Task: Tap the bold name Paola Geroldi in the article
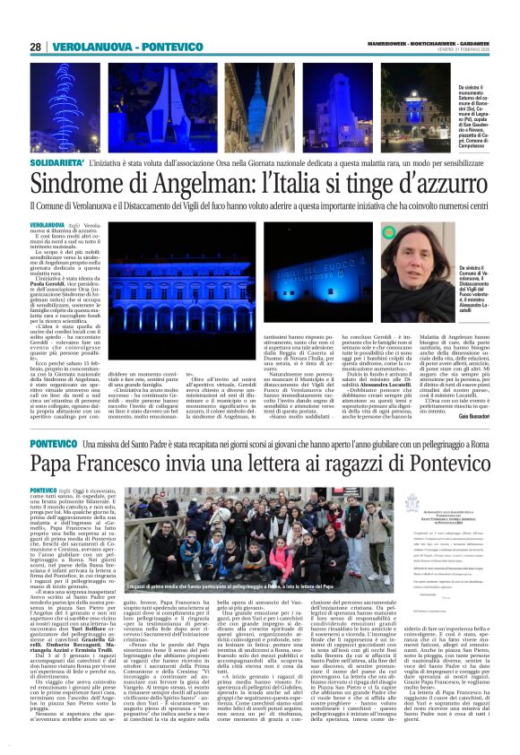coord(48,281)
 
